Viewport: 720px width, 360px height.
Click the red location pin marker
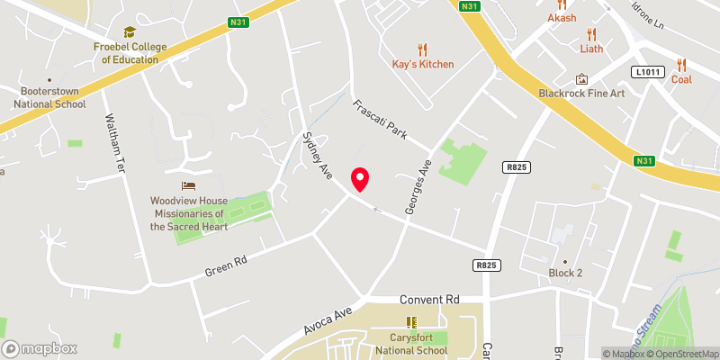361,179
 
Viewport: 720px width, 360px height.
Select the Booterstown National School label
49,97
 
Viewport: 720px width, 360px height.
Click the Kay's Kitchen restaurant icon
423,49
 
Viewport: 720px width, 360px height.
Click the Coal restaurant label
681,79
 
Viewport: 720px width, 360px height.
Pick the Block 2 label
566,272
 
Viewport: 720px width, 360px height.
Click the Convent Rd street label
428,299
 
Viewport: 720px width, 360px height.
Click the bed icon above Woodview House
187,185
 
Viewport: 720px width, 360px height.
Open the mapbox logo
40,348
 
